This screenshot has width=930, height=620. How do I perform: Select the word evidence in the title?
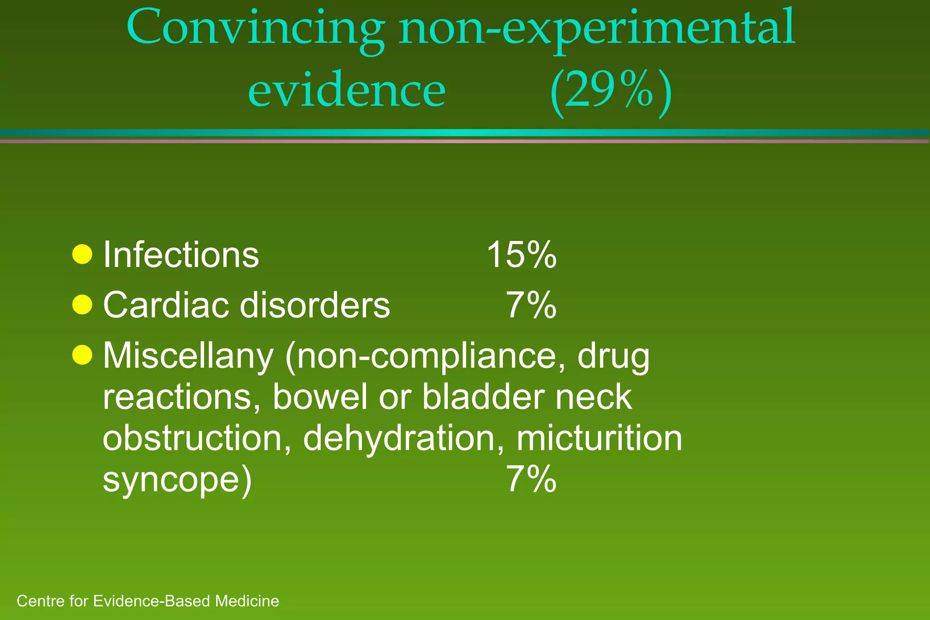click(x=347, y=91)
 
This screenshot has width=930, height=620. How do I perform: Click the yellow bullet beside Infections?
click(x=82, y=254)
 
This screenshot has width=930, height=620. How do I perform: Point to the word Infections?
click(x=181, y=255)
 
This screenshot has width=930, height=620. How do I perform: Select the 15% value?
click(x=521, y=255)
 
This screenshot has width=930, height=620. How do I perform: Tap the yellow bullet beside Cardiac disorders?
click(x=82, y=305)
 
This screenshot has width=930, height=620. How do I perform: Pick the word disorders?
click(x=315, y=305)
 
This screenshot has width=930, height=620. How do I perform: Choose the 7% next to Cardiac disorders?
click(x=531, y=305)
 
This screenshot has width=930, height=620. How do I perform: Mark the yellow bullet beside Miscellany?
click(x=82, y=354)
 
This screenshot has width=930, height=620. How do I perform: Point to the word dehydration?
click(x=403, y=438)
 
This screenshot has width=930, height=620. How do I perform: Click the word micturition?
click(x=599, y=438)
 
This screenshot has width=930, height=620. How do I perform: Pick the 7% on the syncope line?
click(x=531, y=479)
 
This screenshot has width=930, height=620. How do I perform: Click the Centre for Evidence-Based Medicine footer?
click(x=148, y=601)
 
